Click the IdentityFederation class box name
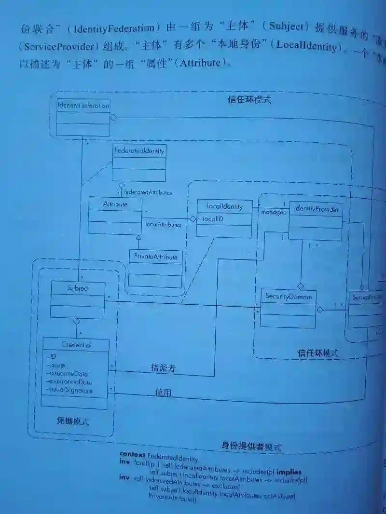pos(83,106)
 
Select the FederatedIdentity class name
pos(139,151)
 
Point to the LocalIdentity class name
pos(223,206)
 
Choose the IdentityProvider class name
pos(316,210)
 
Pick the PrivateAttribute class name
pos(155,257)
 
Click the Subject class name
pos(77,288)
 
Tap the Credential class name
pos(76,345)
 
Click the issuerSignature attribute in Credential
pos(70,391)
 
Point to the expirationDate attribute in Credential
pos(70,382)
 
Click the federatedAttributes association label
pos(148,192)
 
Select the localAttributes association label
pos(163,225)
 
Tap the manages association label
pos(273,212)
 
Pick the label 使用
pos(163,392)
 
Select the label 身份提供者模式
pos(251,446)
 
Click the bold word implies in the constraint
pos(289,472)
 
